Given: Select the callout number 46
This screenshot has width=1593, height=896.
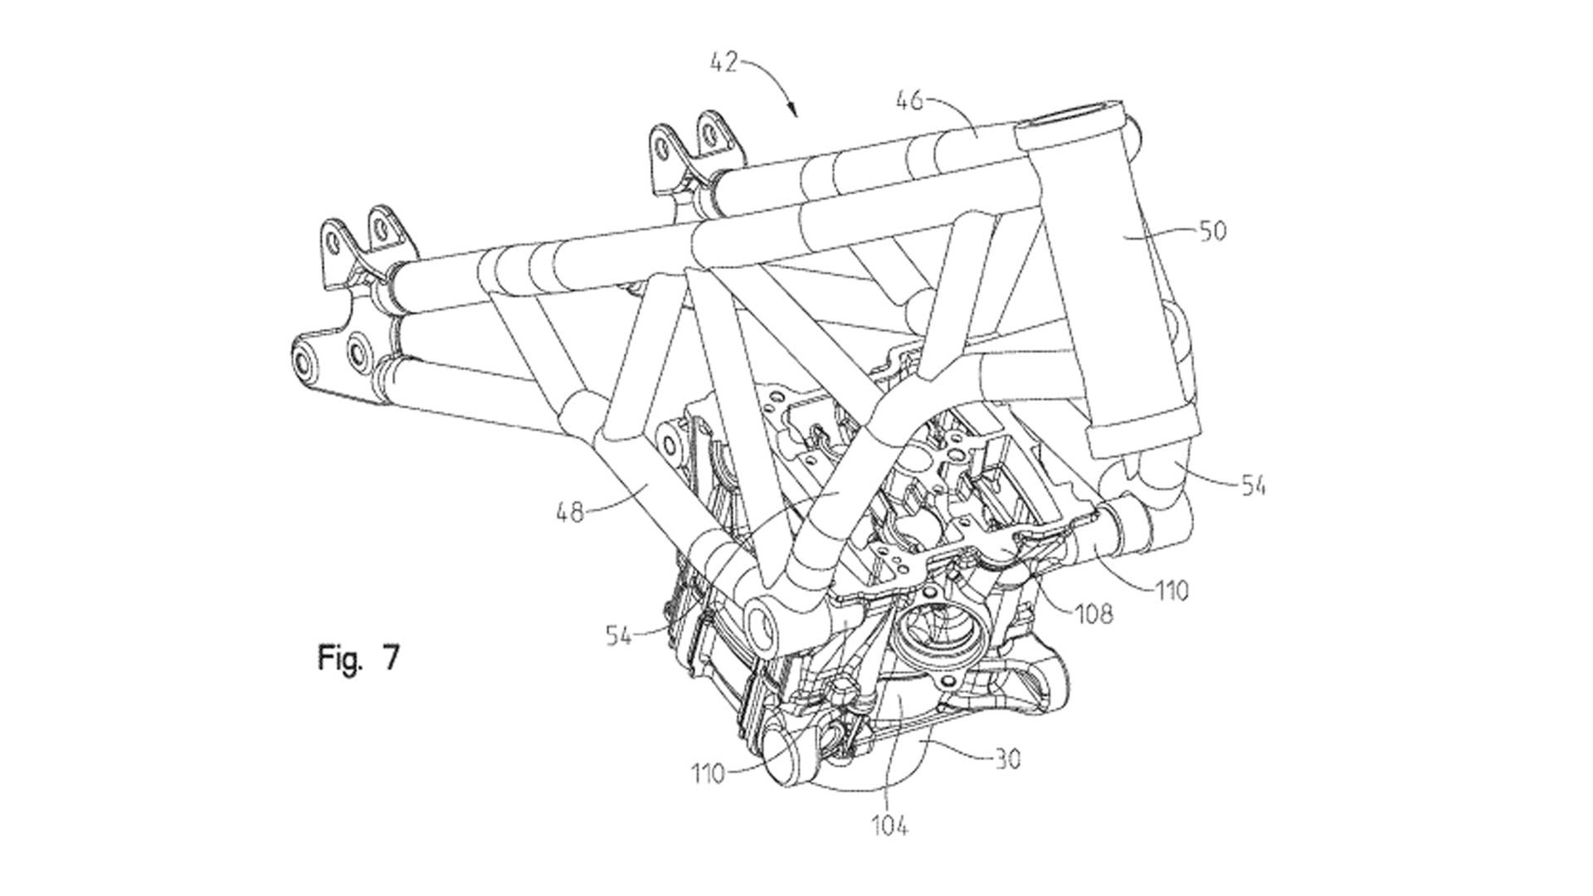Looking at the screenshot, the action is pos(909,102).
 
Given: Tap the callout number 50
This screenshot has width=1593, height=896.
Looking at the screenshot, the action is pos(1212,231).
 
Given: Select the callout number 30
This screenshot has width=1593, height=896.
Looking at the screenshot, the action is pos(1006,758).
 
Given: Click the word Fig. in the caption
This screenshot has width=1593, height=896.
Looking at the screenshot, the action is pos(341,658).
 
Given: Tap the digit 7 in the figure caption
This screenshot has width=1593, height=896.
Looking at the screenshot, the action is pos(391,657).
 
